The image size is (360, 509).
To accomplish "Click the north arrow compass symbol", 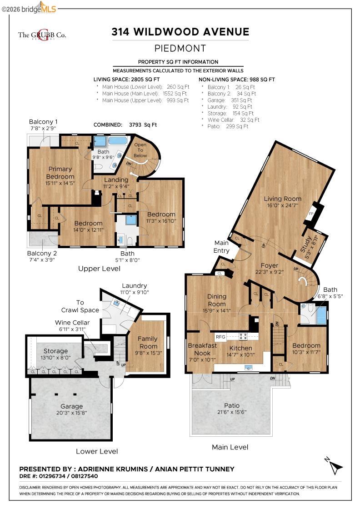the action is click(x=334, y=465).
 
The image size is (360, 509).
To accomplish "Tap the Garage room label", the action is click(x=71, y=406).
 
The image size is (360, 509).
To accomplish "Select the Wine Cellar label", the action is click(x=72, y=322).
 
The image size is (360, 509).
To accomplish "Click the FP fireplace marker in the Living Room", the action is click(x=311, y=214).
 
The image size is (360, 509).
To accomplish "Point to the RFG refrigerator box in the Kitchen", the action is click(x=220, y=337).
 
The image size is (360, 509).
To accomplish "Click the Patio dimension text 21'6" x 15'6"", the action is click(x=232, y=412).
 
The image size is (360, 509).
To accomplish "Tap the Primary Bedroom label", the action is click(x=60, y=173).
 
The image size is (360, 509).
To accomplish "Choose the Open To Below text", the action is click(x=140, y=150).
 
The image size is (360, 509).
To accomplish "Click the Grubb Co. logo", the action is click(x=42, y=35).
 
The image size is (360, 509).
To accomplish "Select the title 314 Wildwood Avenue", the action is click(x=180, y=32).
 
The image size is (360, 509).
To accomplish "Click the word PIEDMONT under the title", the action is click(x=180, y=48).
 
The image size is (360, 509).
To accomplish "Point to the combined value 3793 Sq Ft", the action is click(x=143, y=125).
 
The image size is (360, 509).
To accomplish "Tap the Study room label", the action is click(x=306, y=244).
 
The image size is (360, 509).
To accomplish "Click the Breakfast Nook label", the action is click(x=202, y=349).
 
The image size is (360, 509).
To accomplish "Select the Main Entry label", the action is click(x=221, y=246).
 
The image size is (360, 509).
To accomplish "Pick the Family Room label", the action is click(x=148, y=342).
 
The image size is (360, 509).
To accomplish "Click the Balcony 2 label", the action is click(x=42, y=253).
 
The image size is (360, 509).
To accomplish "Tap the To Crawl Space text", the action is click(x=80, y=306).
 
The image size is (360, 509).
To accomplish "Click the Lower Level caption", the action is click(x=97, y=451).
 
